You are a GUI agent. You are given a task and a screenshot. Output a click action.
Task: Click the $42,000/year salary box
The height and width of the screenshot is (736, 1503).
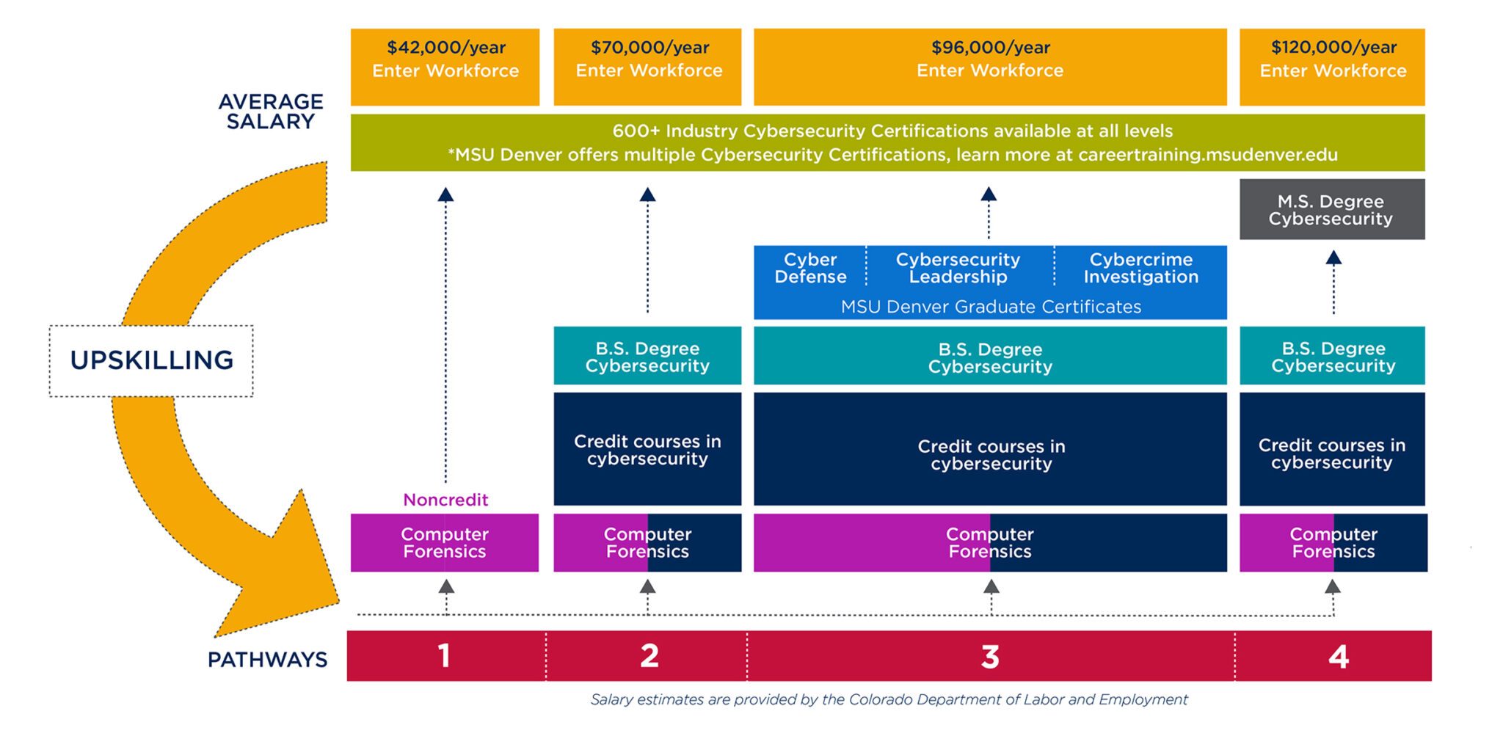[x=445, y=67]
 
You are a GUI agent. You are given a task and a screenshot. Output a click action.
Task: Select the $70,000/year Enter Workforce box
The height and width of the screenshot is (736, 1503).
[x=647, y=67]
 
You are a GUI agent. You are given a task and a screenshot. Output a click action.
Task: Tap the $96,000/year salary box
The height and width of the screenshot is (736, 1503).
[x=990, y=67]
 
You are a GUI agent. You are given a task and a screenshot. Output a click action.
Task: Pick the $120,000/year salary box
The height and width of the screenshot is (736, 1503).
[x=1332, y=67]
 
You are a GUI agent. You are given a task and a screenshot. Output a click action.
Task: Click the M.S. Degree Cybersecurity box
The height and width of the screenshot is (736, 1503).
[x=1331, y=210]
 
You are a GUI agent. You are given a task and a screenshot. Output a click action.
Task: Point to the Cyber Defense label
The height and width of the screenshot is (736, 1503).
[x=810, y=268]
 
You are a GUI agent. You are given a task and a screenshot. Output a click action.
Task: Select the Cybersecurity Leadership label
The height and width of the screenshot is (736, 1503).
[x=958, y=268]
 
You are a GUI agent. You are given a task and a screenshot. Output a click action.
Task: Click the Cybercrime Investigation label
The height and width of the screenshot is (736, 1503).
[x=1140, y=268]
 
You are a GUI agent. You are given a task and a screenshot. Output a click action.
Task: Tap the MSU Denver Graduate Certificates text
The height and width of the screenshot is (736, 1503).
[x=991, y=307]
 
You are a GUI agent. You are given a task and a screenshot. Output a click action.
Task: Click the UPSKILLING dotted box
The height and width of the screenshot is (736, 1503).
[x=151, y=360]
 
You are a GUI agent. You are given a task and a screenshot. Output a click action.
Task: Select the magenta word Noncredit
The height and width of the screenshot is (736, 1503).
[x=445, y=500]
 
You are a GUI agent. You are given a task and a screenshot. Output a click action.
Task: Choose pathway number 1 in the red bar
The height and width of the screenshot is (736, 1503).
[x=444, y=656]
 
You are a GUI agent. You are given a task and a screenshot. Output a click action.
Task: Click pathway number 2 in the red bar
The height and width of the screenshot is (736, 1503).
[x=649, y=656]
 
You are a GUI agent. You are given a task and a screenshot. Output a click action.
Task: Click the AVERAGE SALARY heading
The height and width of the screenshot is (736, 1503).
[x=271, y=112]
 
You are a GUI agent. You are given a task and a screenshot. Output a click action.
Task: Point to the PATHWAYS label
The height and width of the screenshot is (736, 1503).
[x=267, y=660]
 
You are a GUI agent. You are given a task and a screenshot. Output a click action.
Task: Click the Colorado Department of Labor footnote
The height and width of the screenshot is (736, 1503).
[x=889, y=700]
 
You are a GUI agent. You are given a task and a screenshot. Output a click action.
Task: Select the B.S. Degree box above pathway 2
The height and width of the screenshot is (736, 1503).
[x=647, y=357]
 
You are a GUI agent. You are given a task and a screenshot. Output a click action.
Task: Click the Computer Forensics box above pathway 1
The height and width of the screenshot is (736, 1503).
[x=445, y=543]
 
